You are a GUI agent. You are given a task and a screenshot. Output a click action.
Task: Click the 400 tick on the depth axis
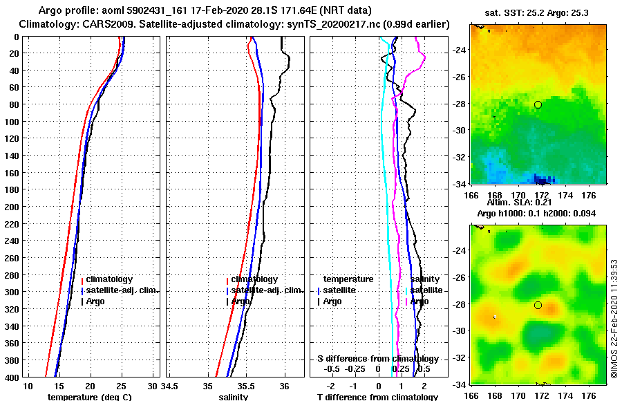point(12,377)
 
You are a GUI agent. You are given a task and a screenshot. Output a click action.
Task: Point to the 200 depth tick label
point(12,207)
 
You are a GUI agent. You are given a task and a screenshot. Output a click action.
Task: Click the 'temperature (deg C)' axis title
point(89,397)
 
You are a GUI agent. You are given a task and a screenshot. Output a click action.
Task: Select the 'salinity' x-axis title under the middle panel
point(234,397)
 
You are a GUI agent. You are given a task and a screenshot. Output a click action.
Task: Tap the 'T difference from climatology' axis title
point(377,397)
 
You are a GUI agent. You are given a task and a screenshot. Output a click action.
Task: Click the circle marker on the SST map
point(538,104)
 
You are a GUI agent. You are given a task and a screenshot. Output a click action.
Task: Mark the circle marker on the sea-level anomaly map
point(538,305)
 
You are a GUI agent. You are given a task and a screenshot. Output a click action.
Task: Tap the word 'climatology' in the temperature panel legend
point(111,279)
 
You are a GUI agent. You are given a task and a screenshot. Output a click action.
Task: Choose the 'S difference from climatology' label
point(377,359)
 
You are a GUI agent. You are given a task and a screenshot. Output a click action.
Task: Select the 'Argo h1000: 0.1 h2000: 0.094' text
point(539,213)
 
